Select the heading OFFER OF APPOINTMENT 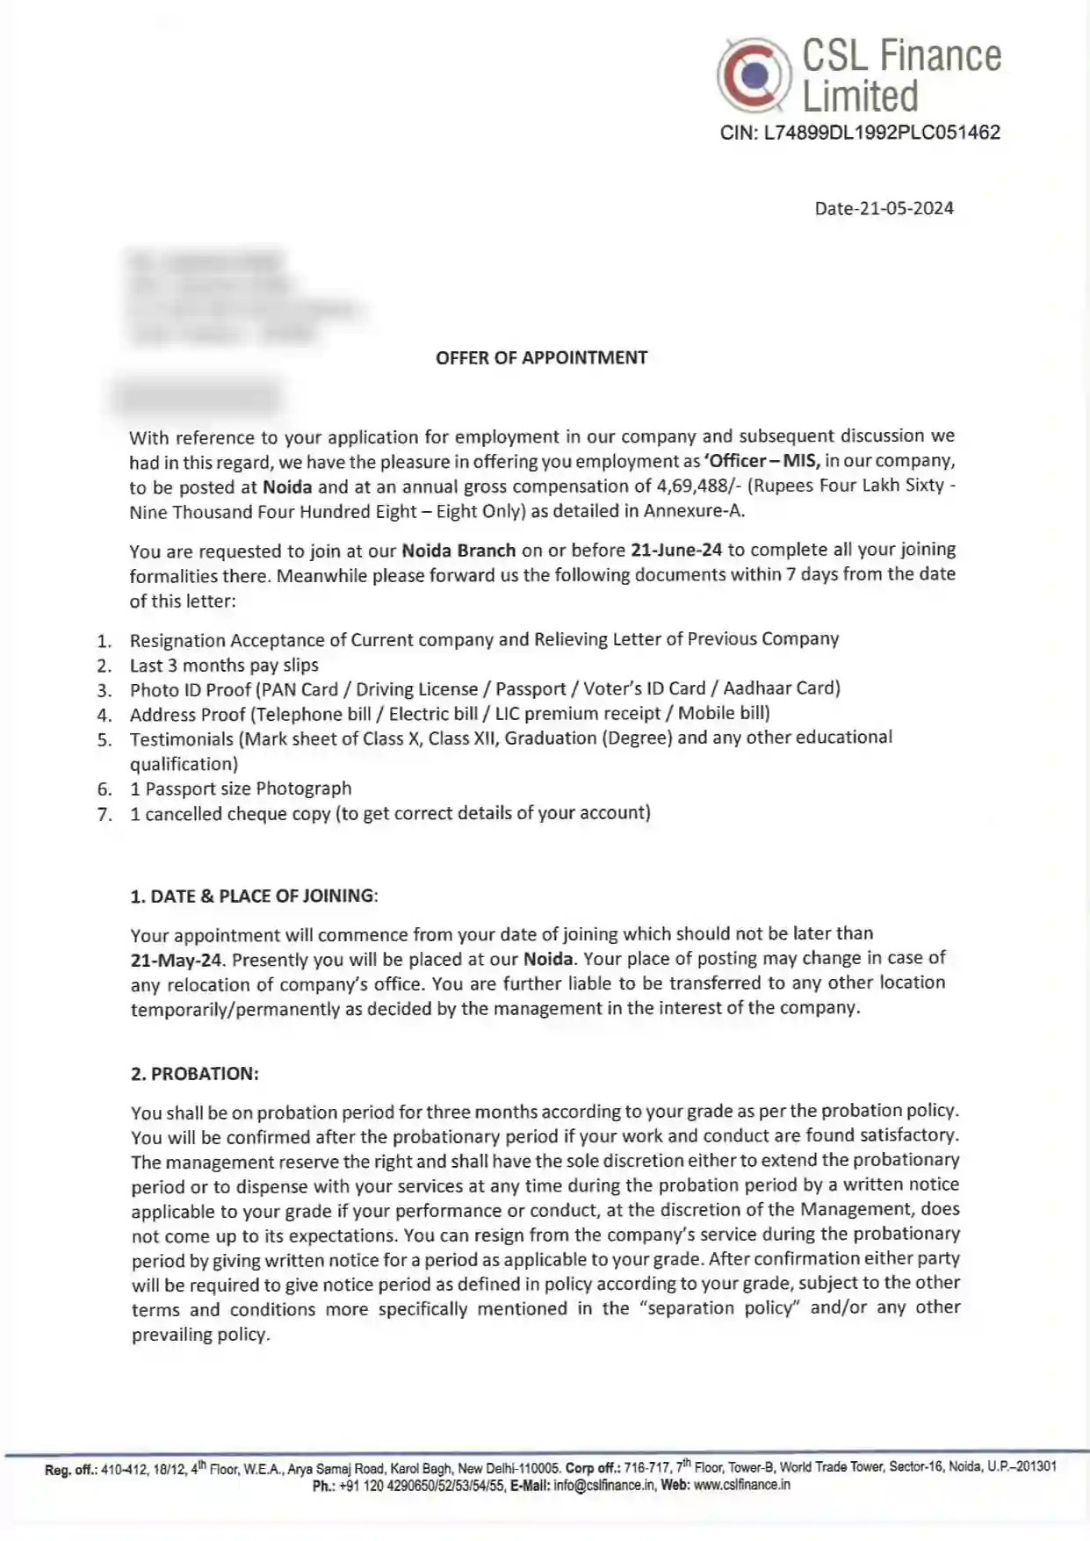point(541,357)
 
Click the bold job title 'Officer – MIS point(762,460)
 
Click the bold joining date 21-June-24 point(675,550)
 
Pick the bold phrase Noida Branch point(458,551)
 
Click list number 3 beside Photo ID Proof point(105,690)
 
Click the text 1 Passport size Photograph point(241,789)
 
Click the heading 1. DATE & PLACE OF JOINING point(254,896)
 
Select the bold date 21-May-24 point(177,960)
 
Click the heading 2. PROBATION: point(195,1073)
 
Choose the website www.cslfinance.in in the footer point(741,1485)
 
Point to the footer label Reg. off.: point(70,1469)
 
